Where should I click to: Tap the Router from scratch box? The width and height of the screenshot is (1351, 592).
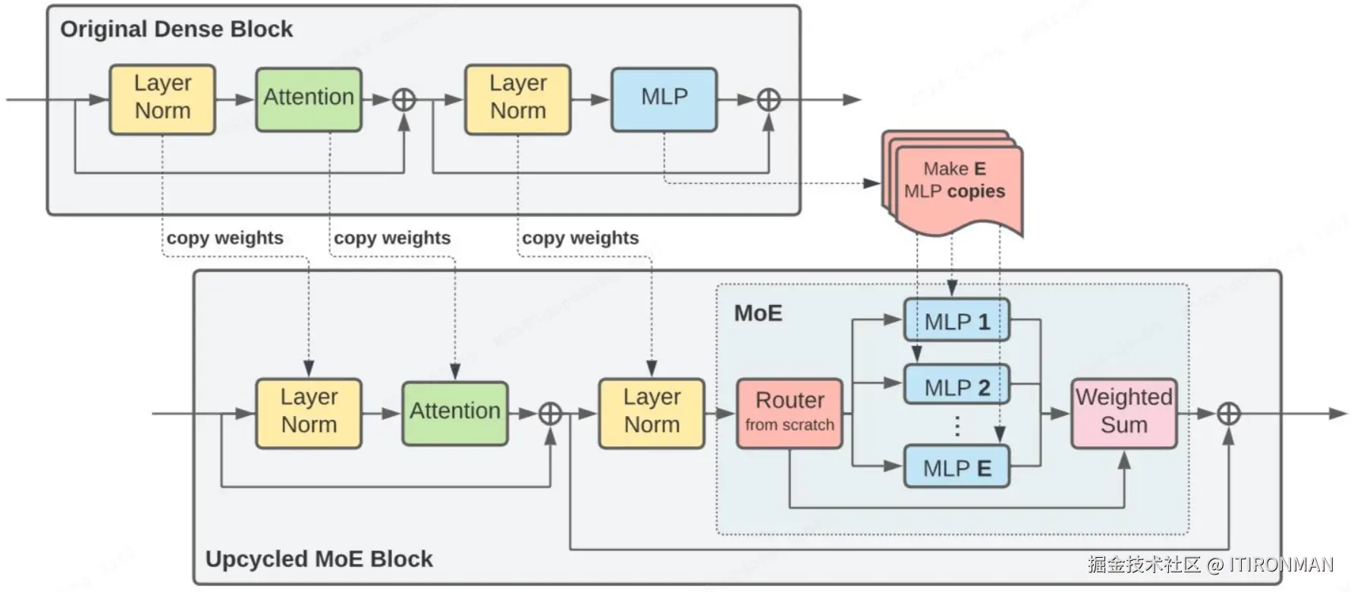coord(790,413)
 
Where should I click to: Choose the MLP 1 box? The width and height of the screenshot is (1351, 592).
coord(957,320)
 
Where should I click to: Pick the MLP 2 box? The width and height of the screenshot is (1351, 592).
coord(957,386)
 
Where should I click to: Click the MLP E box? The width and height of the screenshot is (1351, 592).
coord(957,468)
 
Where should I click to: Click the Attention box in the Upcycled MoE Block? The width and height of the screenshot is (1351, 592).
coord(454,413)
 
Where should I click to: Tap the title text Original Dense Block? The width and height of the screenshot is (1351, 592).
coord(176,29)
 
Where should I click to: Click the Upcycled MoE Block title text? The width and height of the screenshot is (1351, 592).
coord(319,559)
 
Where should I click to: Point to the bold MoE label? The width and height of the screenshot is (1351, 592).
coord(758,313)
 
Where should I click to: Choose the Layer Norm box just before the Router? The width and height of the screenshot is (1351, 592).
coord(652,413)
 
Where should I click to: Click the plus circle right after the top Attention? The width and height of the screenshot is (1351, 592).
coord(404,99)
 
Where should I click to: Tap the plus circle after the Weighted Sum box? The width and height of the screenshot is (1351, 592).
coord(1228,414)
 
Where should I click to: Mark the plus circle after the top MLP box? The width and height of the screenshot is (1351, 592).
coord(769,99)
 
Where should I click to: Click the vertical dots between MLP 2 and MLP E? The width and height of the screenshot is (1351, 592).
coord(957,427)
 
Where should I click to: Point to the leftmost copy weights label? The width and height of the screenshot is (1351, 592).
coord(225,238)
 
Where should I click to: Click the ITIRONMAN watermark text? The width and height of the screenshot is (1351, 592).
coord(1280,565)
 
